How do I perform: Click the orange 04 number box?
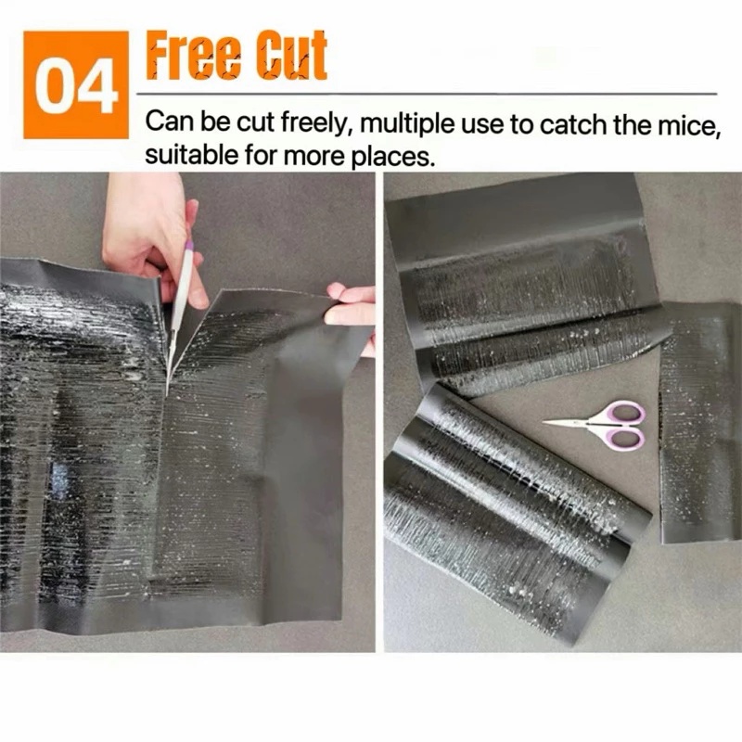point(76,85)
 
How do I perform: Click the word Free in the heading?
point(193,56)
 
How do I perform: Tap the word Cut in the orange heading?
point(291,56)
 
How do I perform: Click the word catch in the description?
point(572,124)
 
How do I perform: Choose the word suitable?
point(192,155)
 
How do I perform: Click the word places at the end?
point(391,157)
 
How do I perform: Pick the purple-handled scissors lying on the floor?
point(597,425)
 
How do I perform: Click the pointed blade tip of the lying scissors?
point(544,421)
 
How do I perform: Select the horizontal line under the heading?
point(427,94)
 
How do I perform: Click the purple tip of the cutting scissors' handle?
point(189,245)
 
